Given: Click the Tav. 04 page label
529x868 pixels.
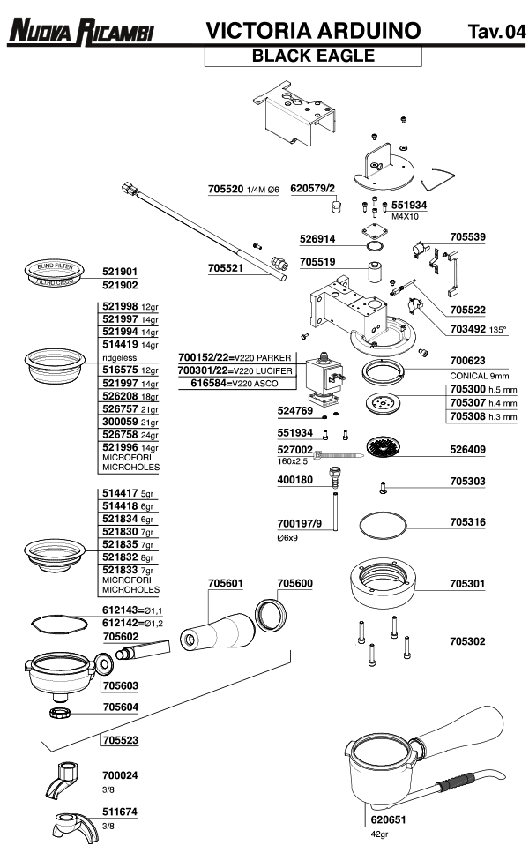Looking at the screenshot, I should (x=497, y=33).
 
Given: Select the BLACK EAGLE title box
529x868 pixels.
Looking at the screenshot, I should (x=313, y=56).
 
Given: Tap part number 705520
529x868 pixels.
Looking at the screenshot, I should (x=225, y=190).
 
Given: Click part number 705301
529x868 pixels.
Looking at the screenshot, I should (x=467, y=584).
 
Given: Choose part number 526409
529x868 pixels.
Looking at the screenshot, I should (x=467, y=450).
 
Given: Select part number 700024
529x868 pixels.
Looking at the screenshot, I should (x=120, y=775).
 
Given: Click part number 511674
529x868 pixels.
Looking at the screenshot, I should (x=120, y=812).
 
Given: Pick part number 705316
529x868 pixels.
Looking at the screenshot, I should (x=467, y=522).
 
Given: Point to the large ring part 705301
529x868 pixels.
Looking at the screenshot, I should (x=384, y=583).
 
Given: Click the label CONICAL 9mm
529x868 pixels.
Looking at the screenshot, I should (x=480, y=375).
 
